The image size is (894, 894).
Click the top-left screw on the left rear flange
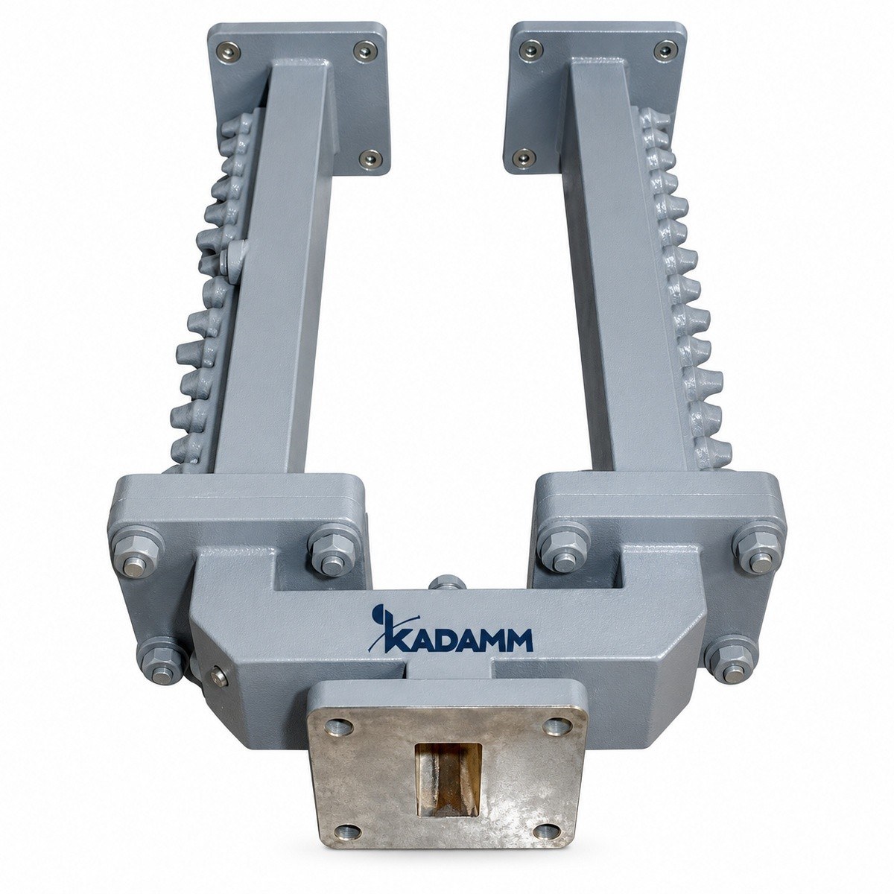tap(229, 51)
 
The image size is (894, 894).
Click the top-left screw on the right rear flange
tap(530, 48)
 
